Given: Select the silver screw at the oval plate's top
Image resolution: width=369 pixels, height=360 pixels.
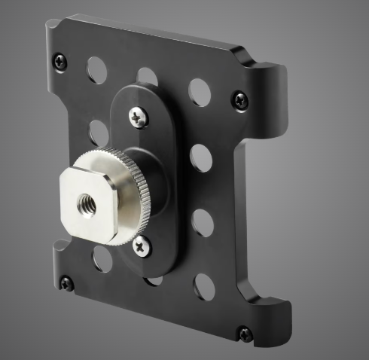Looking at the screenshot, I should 137,117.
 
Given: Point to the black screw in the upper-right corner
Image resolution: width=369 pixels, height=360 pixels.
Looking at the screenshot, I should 239,98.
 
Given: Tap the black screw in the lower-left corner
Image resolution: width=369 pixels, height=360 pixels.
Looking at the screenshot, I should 67,283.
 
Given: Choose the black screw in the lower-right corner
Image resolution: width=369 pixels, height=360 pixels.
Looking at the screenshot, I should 244,334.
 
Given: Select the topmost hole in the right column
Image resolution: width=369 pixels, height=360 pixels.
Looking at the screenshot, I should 200,91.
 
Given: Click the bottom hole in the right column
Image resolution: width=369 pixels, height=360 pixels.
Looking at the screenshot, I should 204,287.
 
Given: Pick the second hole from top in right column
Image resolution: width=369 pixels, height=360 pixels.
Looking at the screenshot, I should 201,157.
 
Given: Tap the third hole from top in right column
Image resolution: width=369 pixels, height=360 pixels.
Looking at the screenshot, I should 203,224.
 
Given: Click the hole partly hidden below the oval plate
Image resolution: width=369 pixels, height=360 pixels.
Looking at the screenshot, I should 154,279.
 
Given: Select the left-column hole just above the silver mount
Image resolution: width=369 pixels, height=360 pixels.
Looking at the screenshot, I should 99,133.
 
